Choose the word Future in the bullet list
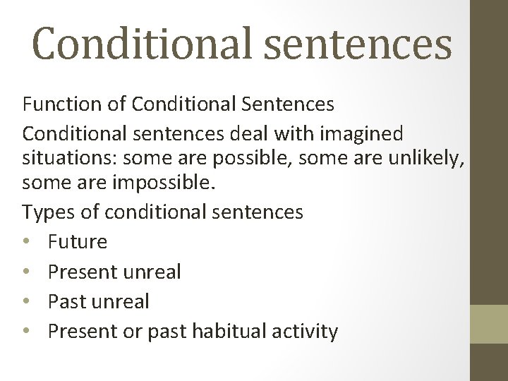click(78, 242)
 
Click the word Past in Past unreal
click(64, 301)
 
